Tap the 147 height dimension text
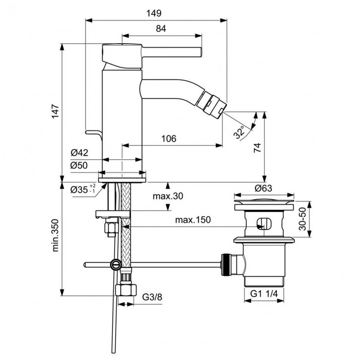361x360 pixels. [x=55, y=111]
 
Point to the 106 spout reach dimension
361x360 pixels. [x=169, y=138]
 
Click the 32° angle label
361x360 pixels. [x=239, y=132]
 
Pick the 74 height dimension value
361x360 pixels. [x=257, y=148]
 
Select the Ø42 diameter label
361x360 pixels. [x=79, y=153]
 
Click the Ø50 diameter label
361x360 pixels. [x=79, y=165]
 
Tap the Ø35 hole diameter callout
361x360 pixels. [x=83, y=189]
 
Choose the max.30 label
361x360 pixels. [x=168, y=196]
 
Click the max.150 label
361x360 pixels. [x=193, y=220]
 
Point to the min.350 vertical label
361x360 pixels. [x=55, y=235]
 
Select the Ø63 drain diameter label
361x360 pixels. [x=263, y=188]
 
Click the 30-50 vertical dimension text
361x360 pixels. [x=303, y=219]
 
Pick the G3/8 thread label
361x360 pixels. [x=152, y=297]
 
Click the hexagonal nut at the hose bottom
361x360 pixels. [x=126, y=290]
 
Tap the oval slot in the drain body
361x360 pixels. [x=264, y=223]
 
